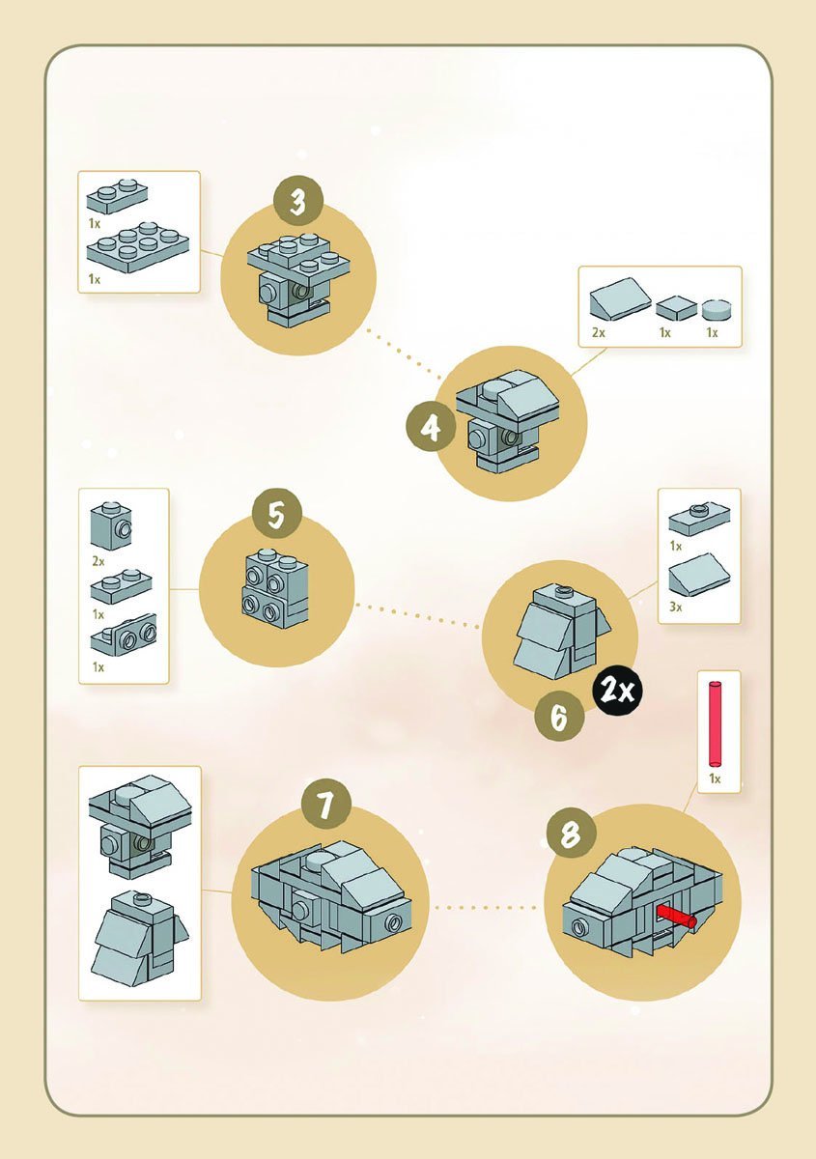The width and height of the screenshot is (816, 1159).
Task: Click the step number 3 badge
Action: (297, 204)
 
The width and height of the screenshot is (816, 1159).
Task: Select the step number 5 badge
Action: (276, 515)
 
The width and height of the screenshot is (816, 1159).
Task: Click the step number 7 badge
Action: (324, 808)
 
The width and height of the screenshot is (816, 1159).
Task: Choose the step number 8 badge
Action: (571, 834)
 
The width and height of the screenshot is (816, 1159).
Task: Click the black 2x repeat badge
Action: (618, 690)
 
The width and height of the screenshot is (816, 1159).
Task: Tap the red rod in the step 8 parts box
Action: (717, 721)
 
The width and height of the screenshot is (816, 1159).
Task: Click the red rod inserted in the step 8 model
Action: (676, 916)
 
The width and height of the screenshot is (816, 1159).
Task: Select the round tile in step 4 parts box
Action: (715, 309)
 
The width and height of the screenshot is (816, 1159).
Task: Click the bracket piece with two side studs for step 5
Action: (123, 635)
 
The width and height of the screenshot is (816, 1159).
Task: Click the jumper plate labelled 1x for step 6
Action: (699, 521)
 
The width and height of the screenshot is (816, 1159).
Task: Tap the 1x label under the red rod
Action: (715, 777)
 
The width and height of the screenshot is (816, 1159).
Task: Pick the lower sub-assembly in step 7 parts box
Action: (139, 938)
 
